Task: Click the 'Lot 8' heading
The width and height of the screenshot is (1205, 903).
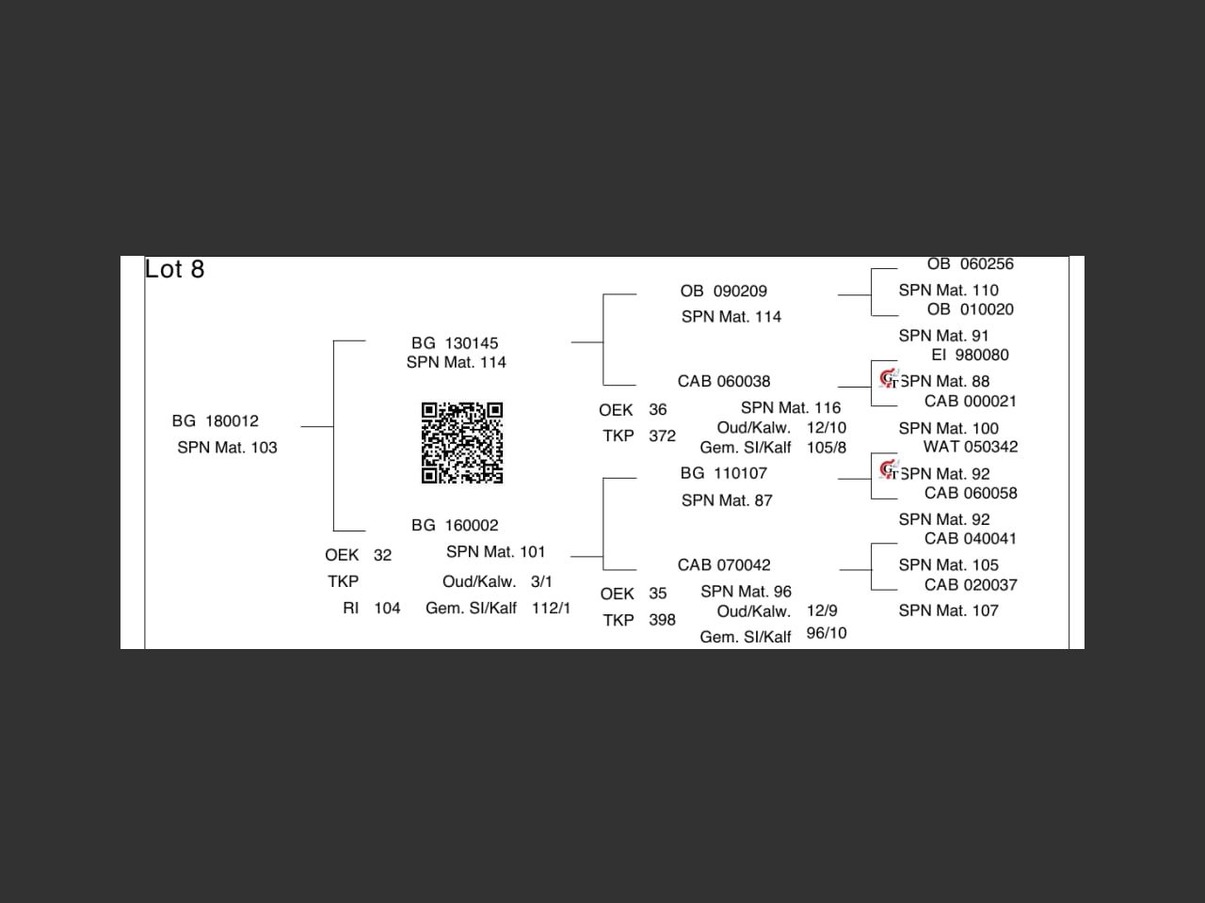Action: pos(174,270)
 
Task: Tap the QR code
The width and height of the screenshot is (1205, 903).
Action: pos(461,442)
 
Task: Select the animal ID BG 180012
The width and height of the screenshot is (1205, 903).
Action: pos(215,420)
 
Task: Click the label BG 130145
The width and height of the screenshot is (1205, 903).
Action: pos(455,343)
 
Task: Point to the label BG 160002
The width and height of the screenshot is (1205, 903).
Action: pos(455,525)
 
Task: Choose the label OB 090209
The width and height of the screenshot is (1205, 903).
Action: pos(723,292)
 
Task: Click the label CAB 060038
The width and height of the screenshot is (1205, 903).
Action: pos(724,381)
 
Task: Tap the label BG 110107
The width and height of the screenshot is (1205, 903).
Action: pos(723,473)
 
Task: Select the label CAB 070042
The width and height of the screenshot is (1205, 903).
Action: pos(724,564)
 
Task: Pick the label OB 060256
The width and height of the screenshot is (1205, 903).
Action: pos(970,264)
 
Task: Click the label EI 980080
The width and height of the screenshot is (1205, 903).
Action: pos(970,355)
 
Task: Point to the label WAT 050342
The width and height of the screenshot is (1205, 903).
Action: pos(970,447)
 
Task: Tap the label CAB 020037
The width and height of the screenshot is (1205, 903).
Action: pos(970,584)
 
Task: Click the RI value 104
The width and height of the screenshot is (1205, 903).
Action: pos(387,608)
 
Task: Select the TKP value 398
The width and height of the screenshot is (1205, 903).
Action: pos(662,620)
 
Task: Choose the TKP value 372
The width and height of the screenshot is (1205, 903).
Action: pos(662,436)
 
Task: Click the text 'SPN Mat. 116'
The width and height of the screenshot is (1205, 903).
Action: pos(791,407)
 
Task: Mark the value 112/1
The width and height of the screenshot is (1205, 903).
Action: pos(551,608)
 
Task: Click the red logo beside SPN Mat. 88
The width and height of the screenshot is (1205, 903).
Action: pos(888,378)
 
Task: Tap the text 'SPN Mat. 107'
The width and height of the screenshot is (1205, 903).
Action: pos(948,610)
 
